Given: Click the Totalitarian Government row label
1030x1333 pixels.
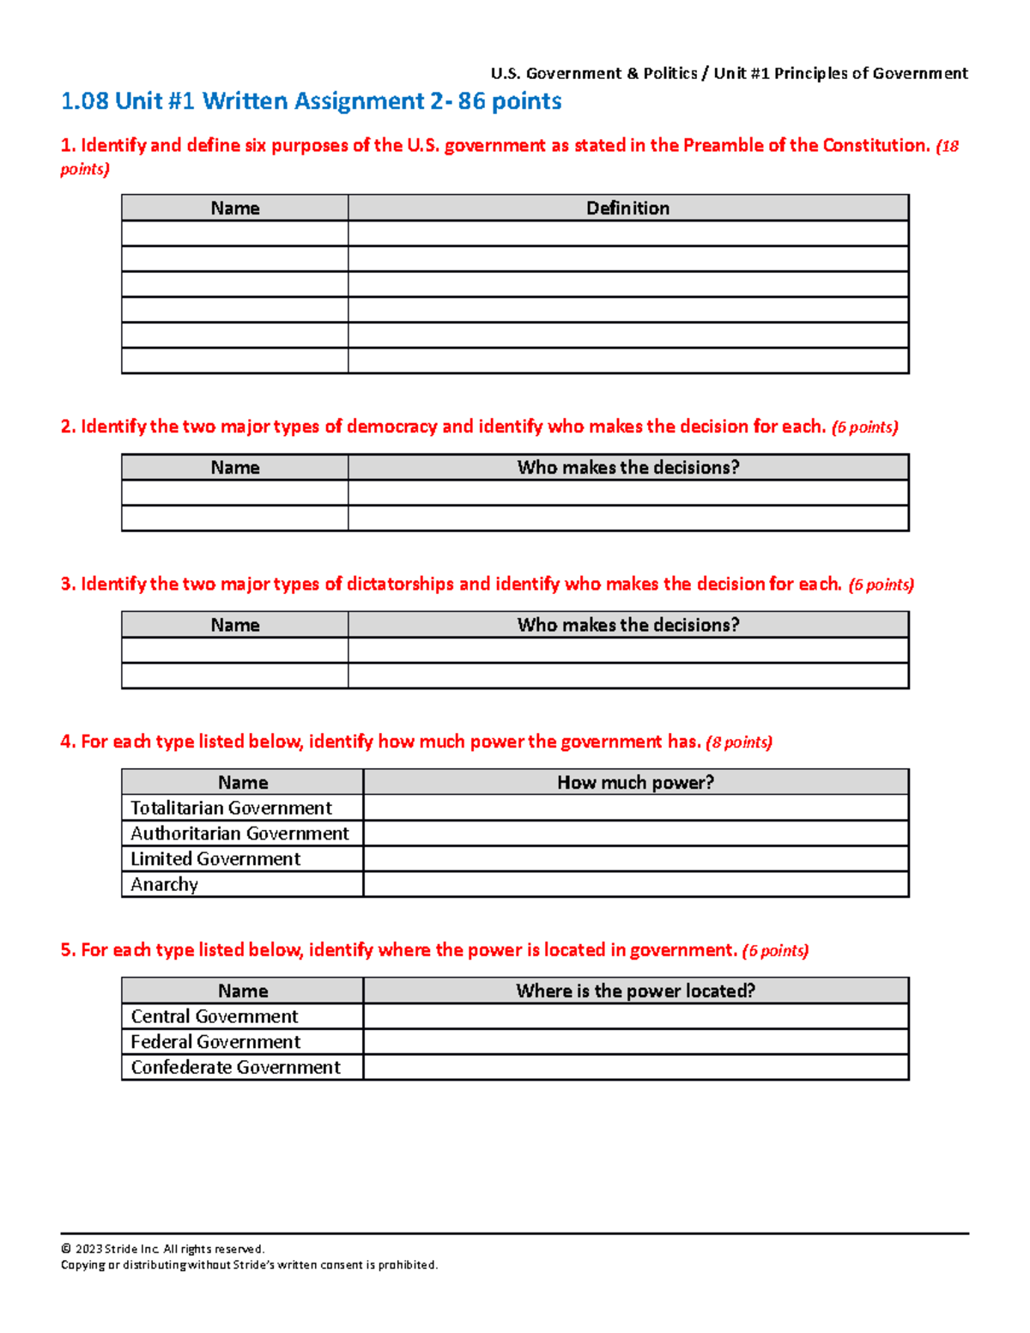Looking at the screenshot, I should [231, 808].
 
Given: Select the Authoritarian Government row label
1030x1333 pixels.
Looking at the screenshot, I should [239, 833].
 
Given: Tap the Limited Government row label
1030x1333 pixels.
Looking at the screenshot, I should [215, 859].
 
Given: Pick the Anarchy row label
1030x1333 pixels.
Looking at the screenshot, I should [164, 885].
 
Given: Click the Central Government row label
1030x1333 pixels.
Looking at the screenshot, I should [214, 1016].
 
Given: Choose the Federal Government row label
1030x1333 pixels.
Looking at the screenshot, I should [215, 1042].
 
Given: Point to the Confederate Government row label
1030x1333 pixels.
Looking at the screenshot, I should [235, 1067].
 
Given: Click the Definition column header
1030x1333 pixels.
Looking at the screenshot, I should [627, 208].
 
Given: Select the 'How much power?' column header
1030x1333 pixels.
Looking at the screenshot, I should [635, 782].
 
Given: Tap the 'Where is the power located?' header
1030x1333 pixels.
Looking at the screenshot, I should [635, 991].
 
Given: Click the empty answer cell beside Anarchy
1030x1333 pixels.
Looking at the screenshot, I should [635, 885].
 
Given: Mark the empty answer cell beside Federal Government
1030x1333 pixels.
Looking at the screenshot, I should [635, 1042].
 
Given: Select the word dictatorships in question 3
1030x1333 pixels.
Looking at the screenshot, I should [400, 585].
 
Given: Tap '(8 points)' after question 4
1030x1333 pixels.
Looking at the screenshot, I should [739, 742].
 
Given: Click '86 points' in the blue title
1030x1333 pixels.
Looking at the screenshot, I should [510, 101].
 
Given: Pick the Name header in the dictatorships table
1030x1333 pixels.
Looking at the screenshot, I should [234, 625].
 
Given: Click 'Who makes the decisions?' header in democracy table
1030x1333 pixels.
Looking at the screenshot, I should [627, 468].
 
